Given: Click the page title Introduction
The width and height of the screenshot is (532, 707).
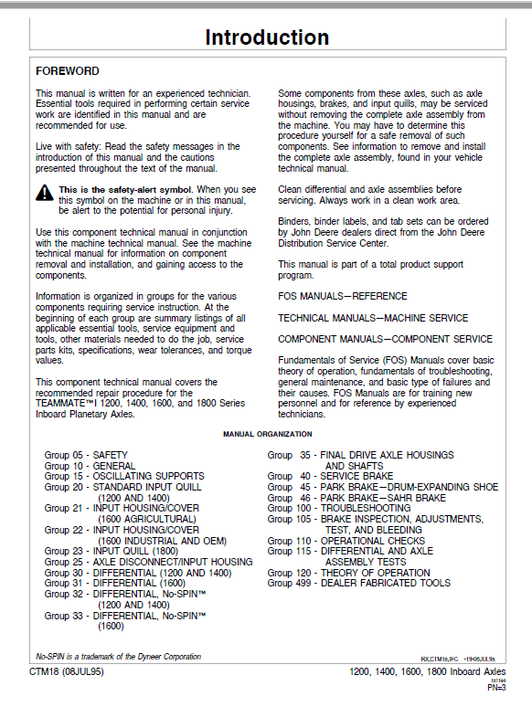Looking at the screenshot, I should click(x=266, y=38).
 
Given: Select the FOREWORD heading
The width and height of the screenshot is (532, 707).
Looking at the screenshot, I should click(x=68, y=70).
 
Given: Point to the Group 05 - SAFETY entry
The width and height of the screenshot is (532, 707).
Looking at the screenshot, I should click(x=86, y=455).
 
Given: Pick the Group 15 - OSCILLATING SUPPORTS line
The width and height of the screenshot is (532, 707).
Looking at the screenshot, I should click(x=124, y=476).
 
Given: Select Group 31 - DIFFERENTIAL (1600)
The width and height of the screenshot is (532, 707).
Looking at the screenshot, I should click(x=114, y=583).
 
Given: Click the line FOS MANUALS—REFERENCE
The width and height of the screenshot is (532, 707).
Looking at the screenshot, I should click(x=343, y=297).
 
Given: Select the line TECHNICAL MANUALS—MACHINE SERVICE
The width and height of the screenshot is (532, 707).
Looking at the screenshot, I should click(x=373, y=318).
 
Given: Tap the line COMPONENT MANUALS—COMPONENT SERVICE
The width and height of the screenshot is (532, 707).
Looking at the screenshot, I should click(x=385, y=340).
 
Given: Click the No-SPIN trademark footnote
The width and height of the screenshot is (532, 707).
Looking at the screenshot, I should click(x=118, y=657).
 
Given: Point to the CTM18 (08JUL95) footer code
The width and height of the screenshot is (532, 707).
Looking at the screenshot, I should click(x=69, y=673).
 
